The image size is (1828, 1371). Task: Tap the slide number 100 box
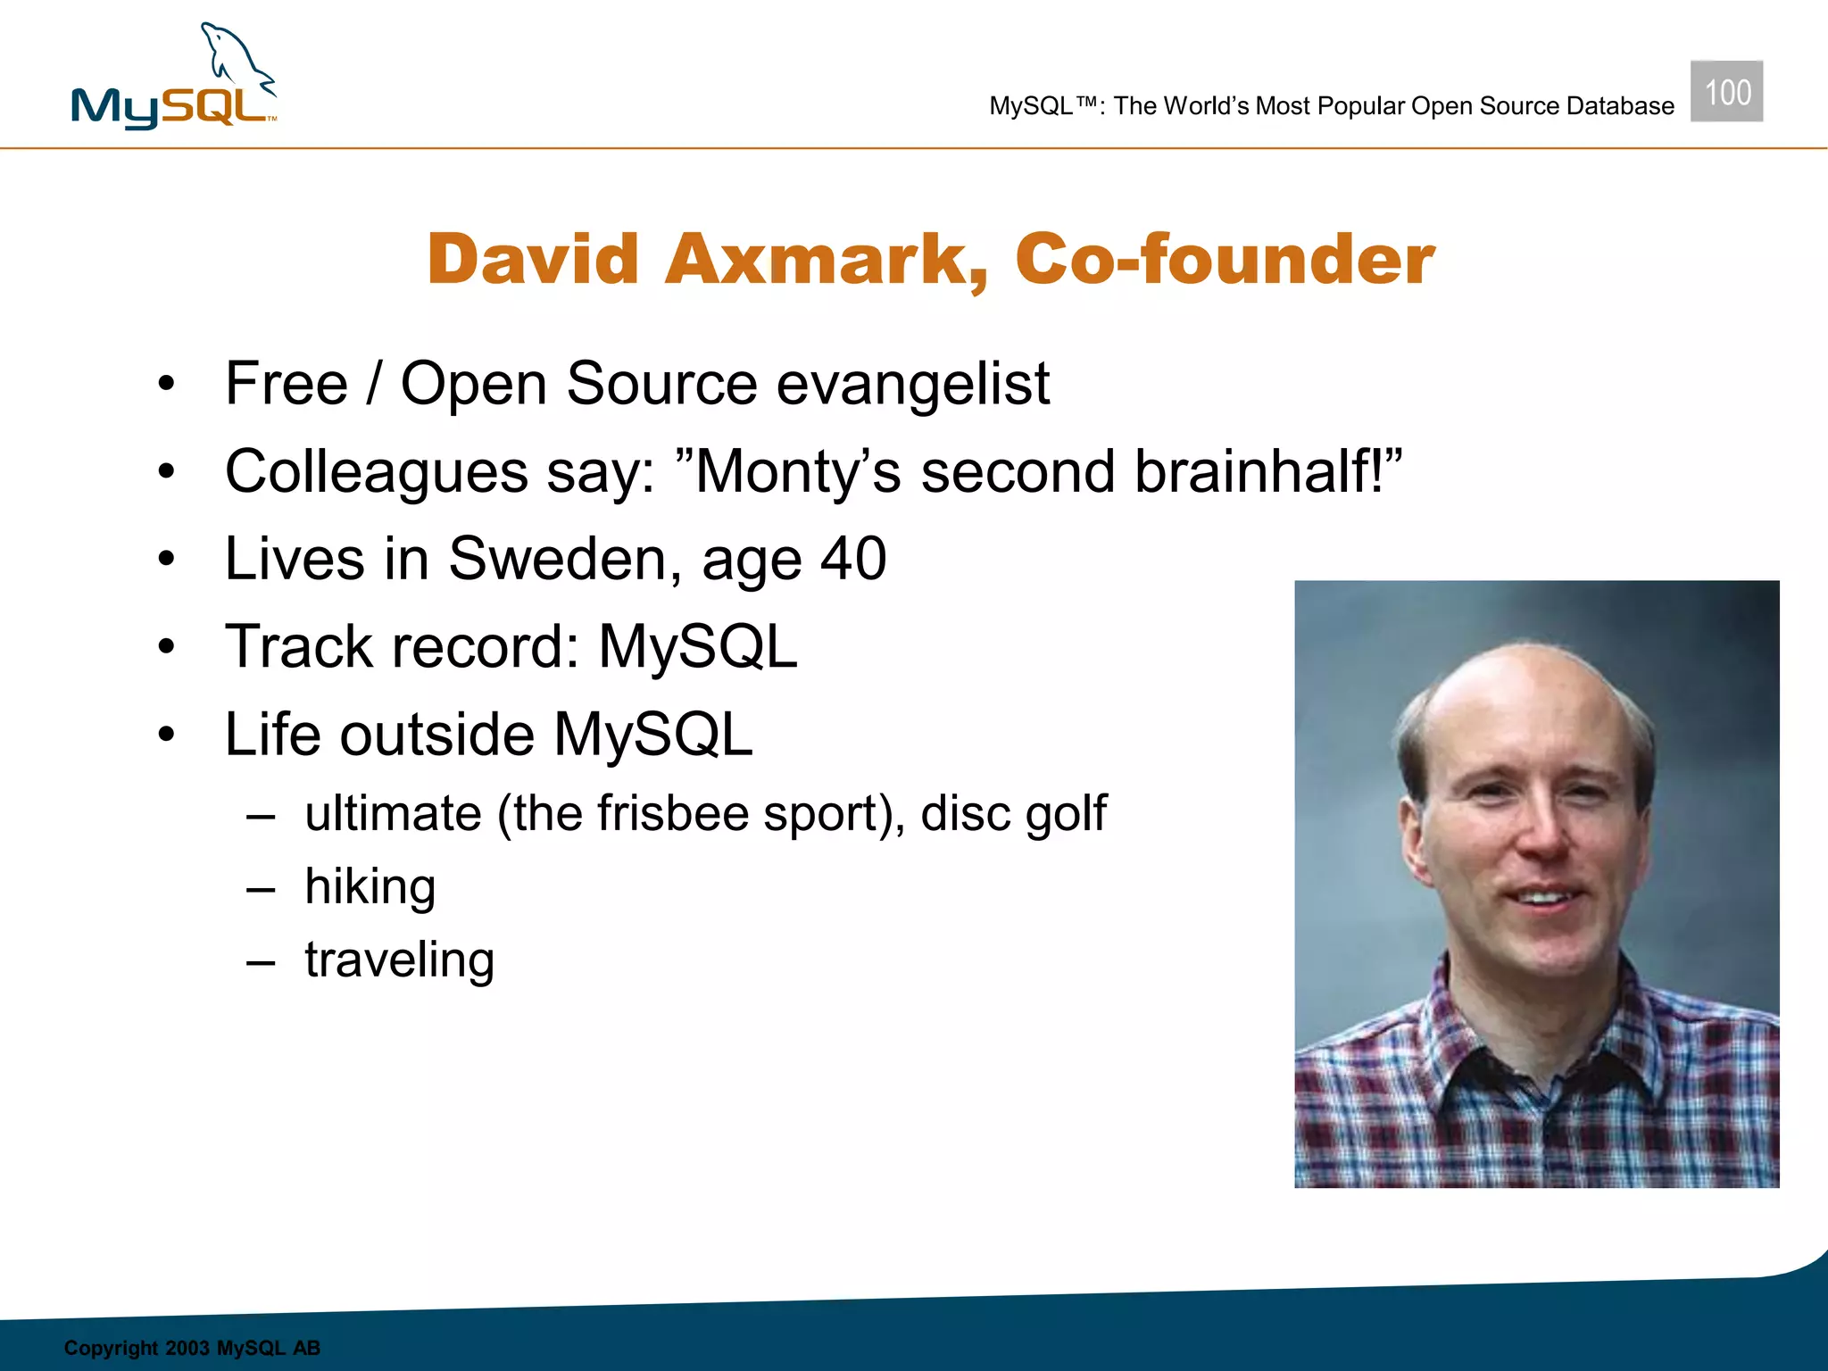click(x=1726, y=92)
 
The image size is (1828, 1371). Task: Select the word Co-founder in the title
click(x=1225, y=260)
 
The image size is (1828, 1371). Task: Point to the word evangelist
click(x=912, y=385)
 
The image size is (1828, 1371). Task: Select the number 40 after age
click(x=853, y=560)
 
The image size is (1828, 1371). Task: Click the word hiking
click(x=370, y=888)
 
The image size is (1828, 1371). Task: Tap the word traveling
click(x=399, y=960)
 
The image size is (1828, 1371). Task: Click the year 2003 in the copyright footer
click(x=187, y=1348)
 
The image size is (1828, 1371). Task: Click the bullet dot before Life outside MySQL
click(x=166, y=735)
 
